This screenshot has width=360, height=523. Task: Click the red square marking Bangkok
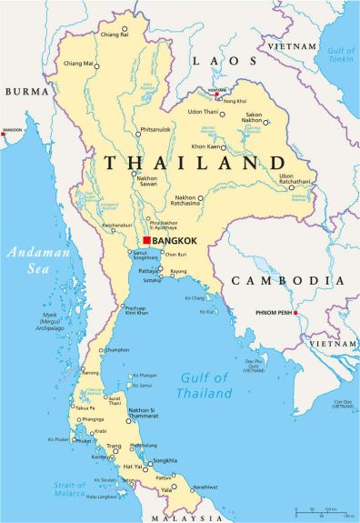[146, 240]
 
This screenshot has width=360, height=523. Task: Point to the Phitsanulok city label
[155, 128]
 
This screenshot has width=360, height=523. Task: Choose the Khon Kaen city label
[208, 146]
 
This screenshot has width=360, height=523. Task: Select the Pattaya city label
[148, 271]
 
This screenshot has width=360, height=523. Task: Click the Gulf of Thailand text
[206, 386]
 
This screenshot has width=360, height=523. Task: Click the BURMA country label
[27, 92]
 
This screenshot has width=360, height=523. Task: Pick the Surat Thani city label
[115, 400]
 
